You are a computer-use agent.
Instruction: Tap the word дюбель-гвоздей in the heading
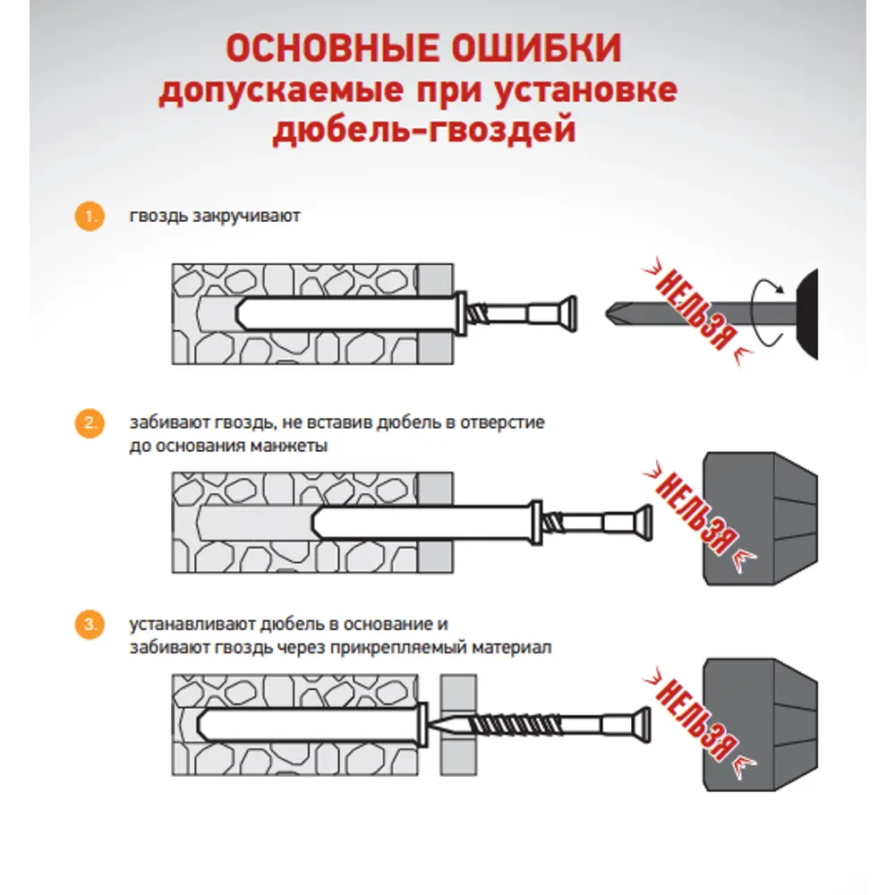tap(422, 131)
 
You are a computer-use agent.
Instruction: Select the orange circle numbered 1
tap(88, 217)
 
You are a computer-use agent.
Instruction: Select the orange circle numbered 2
tap(88, 423)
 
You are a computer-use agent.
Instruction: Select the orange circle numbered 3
tap(88, 626)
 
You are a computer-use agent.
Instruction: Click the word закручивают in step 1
tap(247, 217)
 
